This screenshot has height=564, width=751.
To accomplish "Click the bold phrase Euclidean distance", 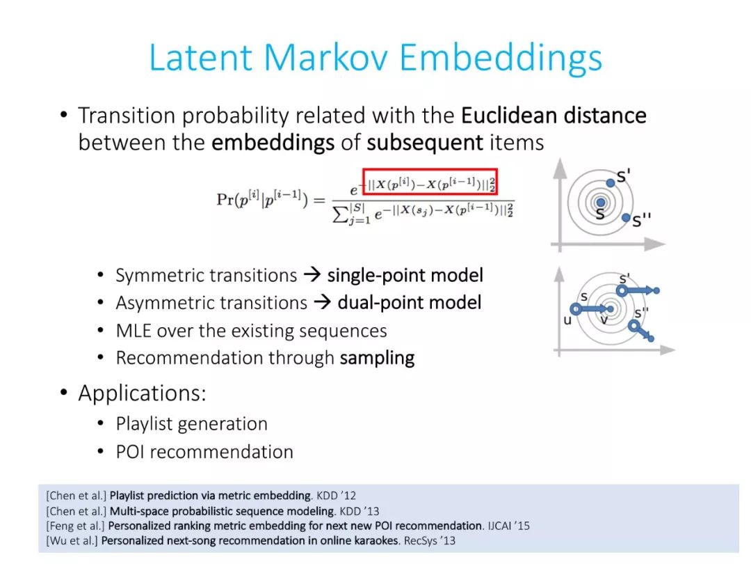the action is (x=554, y=116).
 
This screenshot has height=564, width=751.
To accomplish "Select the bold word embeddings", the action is (x=273, y=143).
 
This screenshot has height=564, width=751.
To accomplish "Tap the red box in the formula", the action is (x=430, y=182).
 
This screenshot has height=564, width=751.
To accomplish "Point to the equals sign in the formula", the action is (x=319, y=200).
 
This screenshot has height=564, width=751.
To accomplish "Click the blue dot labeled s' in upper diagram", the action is (x=611, y=182).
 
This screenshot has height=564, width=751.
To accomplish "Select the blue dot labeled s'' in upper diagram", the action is (x=626, y=218).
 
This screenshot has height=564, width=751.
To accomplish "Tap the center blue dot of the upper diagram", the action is (x=601, y=203).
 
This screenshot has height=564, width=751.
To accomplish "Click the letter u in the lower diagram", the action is (x=567, y=320).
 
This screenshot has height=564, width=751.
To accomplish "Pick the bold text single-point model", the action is (x=405, y=275).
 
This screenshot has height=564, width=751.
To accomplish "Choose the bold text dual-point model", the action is (x=410, y=303).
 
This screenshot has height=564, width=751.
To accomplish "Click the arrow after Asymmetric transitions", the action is (x=323, y=302).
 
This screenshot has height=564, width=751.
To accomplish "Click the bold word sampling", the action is (x=378, y=359).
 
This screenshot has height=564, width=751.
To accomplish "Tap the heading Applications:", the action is (x=143, y=393).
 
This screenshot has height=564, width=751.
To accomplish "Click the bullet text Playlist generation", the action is (x=192, y=424).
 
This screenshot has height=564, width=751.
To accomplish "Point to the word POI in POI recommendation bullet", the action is (x=130, y=452).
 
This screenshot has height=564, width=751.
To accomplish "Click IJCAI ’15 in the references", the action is (x=508, y=526).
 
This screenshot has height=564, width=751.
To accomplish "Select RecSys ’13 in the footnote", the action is (x=430, y=541).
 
